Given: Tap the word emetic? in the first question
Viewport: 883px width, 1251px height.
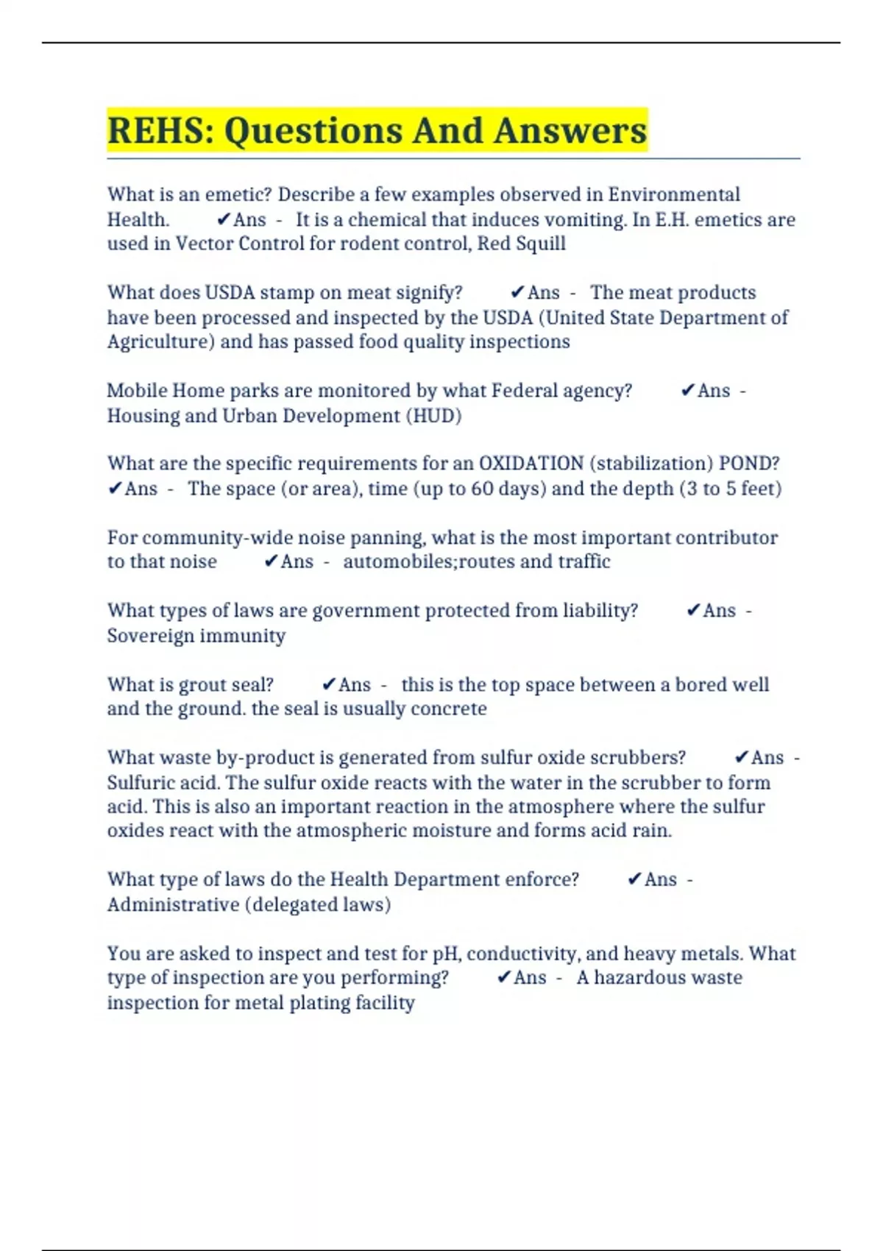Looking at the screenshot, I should coord(238,195).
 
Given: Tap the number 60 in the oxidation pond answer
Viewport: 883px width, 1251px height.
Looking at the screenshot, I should coord(482,489).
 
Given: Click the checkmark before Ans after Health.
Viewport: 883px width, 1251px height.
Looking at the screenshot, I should coord(224,219).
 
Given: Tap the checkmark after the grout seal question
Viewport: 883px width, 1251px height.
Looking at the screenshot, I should coord(329,685).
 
